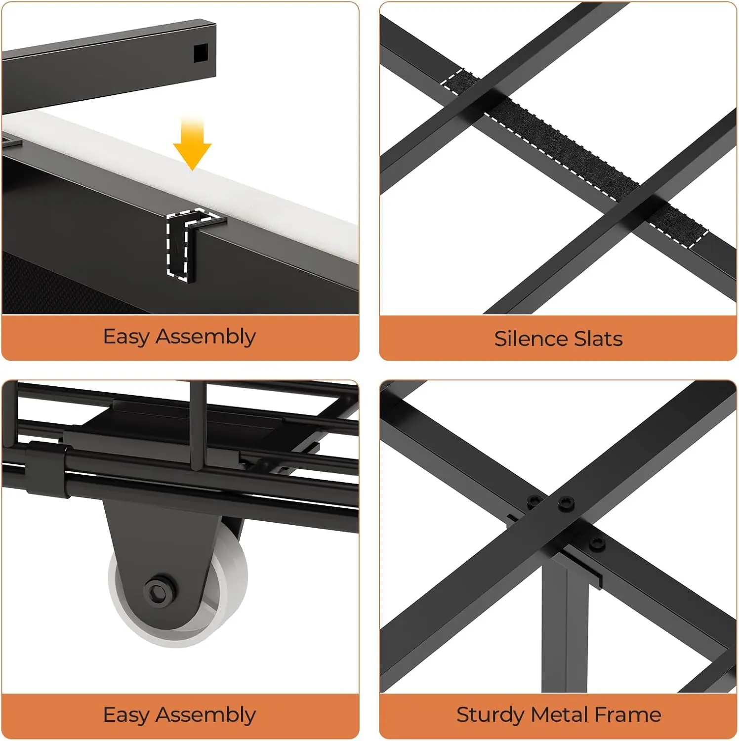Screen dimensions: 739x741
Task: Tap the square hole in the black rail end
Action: [201, 53]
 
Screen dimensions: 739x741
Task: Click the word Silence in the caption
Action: [524, 339]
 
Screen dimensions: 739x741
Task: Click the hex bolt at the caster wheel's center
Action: [159, 589]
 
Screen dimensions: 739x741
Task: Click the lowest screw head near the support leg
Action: [597, 544]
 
